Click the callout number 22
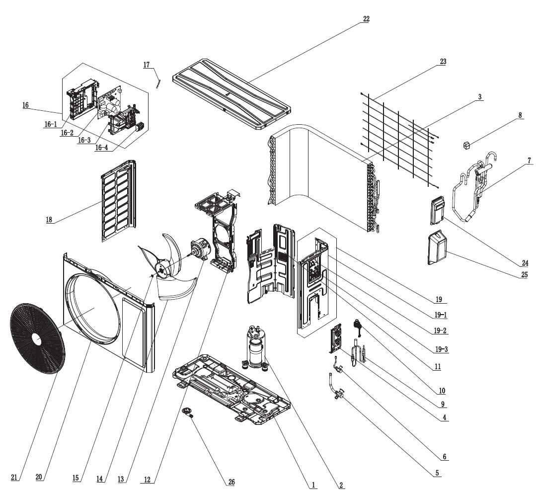pos(366,19)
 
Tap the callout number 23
pos(443,62)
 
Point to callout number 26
pos(231,482)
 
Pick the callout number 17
pos(147,65)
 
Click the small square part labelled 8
pos(466,145)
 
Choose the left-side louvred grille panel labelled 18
pos(118,201)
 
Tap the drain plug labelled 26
pos(188,411)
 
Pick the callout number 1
pos(313,485)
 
